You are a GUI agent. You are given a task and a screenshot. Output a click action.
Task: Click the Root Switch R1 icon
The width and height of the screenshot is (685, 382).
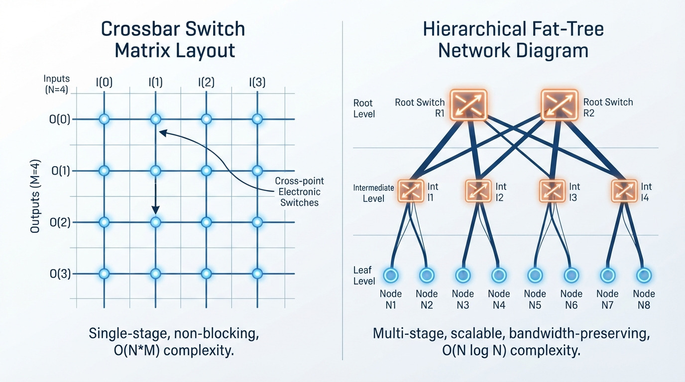coord(468,105)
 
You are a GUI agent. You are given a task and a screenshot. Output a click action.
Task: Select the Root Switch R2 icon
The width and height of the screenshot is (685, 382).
coord(560,104)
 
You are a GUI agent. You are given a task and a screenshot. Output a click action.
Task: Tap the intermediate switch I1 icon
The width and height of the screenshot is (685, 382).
coord(411,191)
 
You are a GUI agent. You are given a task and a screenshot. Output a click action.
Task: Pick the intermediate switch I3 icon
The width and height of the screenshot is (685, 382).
coord(552,191)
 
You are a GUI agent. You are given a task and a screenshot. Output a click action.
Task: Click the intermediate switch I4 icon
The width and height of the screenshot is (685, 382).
coord(624,191)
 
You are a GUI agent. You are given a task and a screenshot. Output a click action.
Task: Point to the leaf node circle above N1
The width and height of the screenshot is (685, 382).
coord(391,276)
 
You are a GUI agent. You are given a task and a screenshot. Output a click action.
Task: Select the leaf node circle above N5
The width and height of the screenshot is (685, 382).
coord(535,276)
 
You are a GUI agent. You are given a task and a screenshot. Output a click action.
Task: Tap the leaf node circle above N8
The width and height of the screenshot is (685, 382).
coord(644,276)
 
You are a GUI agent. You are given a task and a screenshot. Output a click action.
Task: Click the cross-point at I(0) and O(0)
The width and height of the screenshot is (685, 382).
coord(104,119)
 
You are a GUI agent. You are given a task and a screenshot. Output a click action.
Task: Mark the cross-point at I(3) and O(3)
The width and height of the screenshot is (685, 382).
coord(257,274)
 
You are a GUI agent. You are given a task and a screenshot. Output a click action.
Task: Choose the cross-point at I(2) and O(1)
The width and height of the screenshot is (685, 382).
coord(207,171)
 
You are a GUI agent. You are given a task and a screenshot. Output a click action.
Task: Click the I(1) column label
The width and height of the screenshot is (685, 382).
coord(155,83)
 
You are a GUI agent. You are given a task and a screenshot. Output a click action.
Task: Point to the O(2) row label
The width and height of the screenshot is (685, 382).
coord(60,222)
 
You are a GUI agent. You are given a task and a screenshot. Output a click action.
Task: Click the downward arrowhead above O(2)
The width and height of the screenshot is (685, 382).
coord(155,210)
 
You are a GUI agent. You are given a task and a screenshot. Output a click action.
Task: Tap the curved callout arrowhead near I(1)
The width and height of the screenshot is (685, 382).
coord(162,133)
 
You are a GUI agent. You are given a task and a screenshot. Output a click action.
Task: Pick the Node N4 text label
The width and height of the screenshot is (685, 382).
coord(499,299)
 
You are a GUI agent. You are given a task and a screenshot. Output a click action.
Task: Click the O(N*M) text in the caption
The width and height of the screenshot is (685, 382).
coord(137,351)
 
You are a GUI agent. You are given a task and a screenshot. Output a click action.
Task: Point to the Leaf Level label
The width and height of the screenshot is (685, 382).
coord(364,276)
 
